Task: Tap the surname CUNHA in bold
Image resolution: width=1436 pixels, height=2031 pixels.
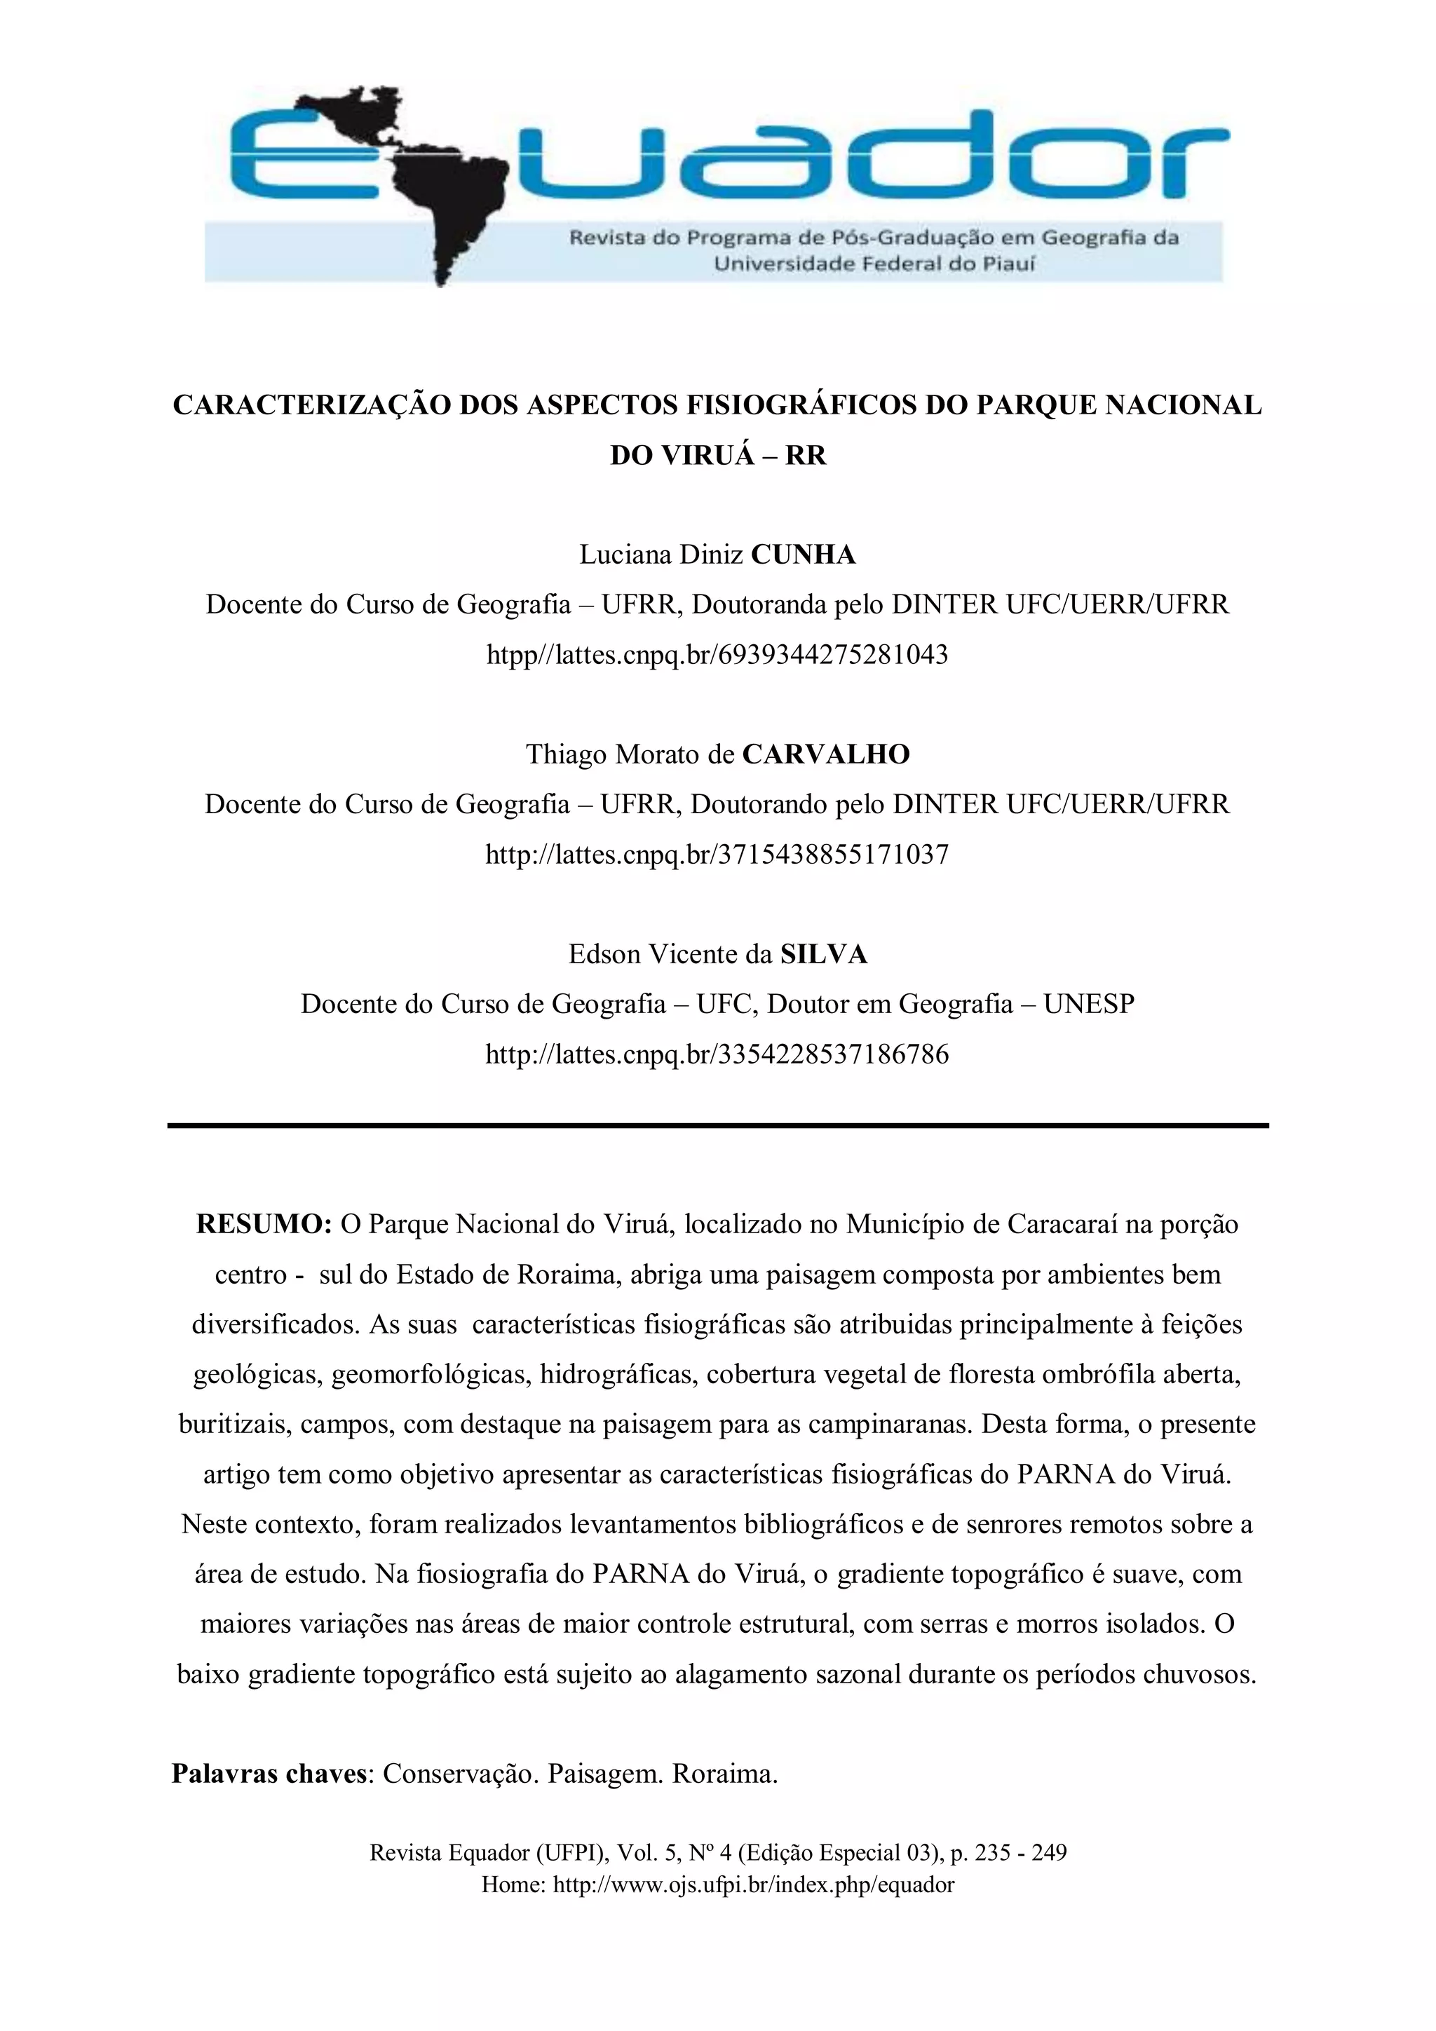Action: coord(803,555)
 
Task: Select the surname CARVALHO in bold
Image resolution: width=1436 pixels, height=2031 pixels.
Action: coord(825,754)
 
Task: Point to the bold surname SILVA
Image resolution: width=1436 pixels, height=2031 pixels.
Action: coord(823,953)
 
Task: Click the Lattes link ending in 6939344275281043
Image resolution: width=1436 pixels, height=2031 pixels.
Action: coord(717,655)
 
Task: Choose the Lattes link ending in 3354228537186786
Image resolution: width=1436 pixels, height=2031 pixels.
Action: coord(717,1054)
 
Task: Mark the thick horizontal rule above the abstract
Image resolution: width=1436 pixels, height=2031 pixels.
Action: coord(717,1125)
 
